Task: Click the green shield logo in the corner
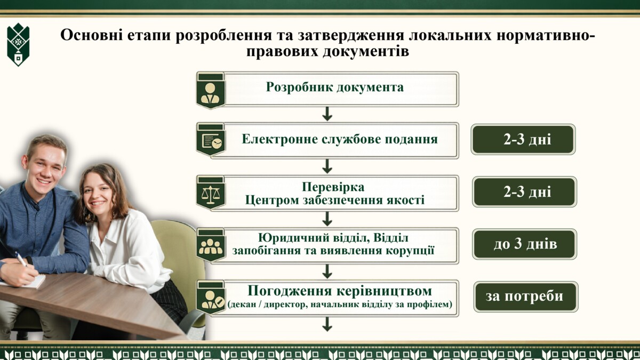18,45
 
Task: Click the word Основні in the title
91,35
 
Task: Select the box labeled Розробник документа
327,90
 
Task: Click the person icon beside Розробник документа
210,93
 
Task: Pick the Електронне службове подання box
327,140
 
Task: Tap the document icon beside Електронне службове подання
211,141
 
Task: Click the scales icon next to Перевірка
211,195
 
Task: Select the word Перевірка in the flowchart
333,187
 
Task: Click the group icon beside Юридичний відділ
211,246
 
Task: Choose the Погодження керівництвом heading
340,291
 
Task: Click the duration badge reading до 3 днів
525,244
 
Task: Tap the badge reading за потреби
526,297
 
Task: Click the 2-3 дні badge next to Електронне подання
523,139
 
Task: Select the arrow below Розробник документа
327,114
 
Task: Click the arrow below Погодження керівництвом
327,324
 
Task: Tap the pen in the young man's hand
21,259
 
